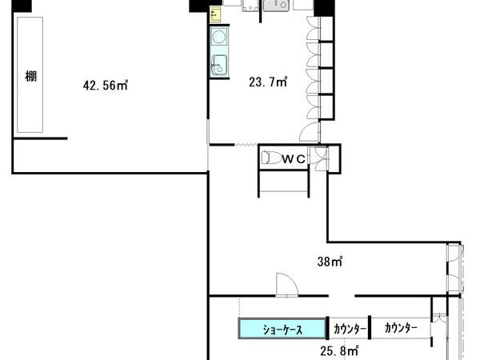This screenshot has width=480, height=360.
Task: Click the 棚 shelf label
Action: pos(30,76)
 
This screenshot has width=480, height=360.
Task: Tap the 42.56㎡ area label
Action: pos(106,85)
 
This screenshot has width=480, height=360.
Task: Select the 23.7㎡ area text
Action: pos(268,82)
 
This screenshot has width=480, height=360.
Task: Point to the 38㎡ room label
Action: pos(330,262)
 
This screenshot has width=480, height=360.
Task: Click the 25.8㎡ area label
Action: pos(339,351)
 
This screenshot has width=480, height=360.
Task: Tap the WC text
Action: pos(294,159)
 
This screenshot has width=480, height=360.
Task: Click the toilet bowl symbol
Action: pos(271,158)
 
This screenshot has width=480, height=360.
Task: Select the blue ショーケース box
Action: pos(282,329)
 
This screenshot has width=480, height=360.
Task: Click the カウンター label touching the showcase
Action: pos(350,329)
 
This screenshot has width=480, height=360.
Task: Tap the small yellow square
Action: pos(215,15)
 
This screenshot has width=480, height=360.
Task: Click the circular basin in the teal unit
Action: pos(219,37)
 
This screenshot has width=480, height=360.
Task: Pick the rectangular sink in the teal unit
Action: pos(219,66)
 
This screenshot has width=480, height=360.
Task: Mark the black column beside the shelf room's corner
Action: pos(22,6)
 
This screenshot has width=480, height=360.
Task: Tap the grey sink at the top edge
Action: pos(276,6)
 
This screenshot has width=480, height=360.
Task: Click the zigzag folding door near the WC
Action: pos(246,144)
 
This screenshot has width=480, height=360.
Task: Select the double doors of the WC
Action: pos(318,158)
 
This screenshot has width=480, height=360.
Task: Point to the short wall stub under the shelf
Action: pos(41,138)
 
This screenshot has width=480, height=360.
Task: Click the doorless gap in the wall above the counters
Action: pos(342,296)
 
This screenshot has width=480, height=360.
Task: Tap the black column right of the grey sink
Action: pos(324,8)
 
